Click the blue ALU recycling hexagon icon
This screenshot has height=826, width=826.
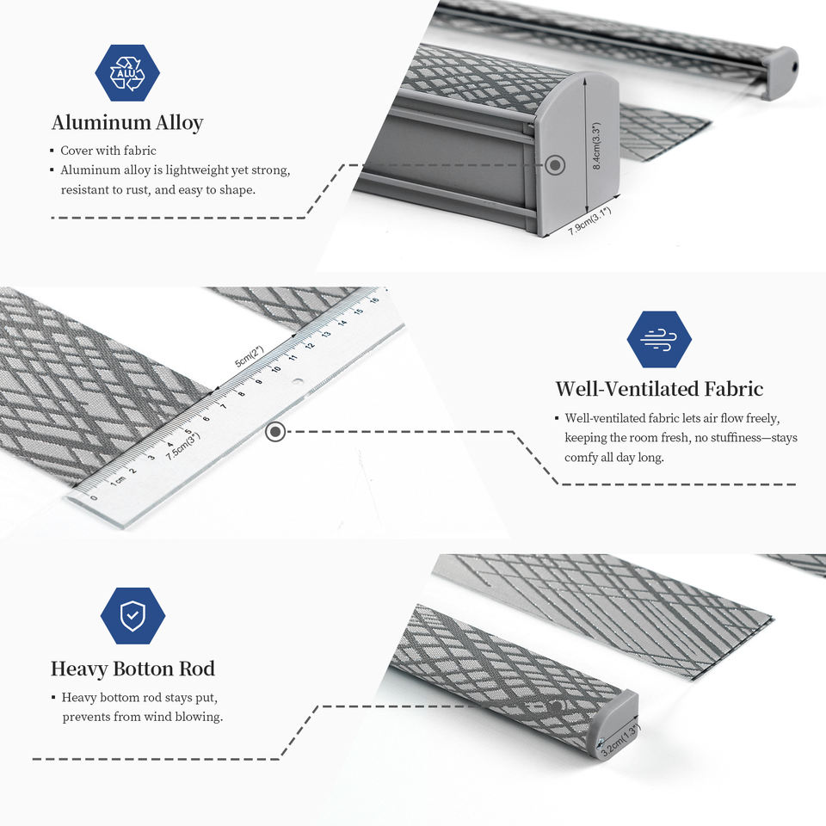(x=127, y=72)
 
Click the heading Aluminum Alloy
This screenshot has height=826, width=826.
(x=127, y=123)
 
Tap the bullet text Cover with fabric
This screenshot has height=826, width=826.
(x=108, y=151)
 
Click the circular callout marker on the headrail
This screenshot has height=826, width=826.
(x=556, y=164)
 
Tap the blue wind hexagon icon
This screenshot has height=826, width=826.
(x=659, y=339)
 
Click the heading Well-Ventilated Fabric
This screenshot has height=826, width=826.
(x=659, y=389)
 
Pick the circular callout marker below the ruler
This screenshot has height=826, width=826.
(x=275, y=431)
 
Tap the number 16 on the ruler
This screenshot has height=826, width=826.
(x=374, y=300)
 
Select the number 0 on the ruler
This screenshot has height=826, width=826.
(x=94, y=497)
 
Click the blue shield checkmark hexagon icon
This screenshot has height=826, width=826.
(x=133, y=615)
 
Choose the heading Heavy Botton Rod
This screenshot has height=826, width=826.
(x=133, y=669)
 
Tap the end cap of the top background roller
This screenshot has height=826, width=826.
(x=781, y=73)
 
